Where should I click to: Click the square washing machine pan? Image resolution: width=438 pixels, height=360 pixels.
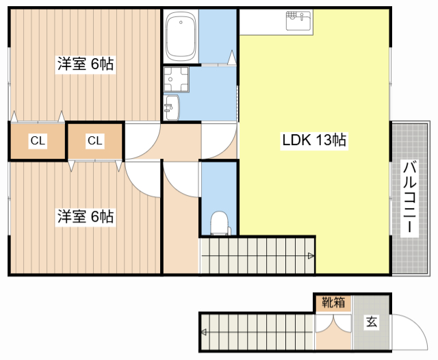177,79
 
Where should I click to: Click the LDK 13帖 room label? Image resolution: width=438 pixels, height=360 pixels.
314,141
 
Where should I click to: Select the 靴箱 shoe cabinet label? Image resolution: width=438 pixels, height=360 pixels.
334,302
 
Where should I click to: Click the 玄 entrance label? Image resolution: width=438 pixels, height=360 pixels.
371,322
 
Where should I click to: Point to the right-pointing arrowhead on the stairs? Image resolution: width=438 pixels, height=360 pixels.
311,256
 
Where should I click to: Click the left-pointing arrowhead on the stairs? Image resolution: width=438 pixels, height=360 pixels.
205,332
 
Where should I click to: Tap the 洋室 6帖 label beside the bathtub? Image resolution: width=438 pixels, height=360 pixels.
86,65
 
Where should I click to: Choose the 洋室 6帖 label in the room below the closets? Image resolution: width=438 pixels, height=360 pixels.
86,217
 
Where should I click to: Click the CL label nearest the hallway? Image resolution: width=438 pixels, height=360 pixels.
94,141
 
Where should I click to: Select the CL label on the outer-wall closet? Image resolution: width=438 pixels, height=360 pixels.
38,141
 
